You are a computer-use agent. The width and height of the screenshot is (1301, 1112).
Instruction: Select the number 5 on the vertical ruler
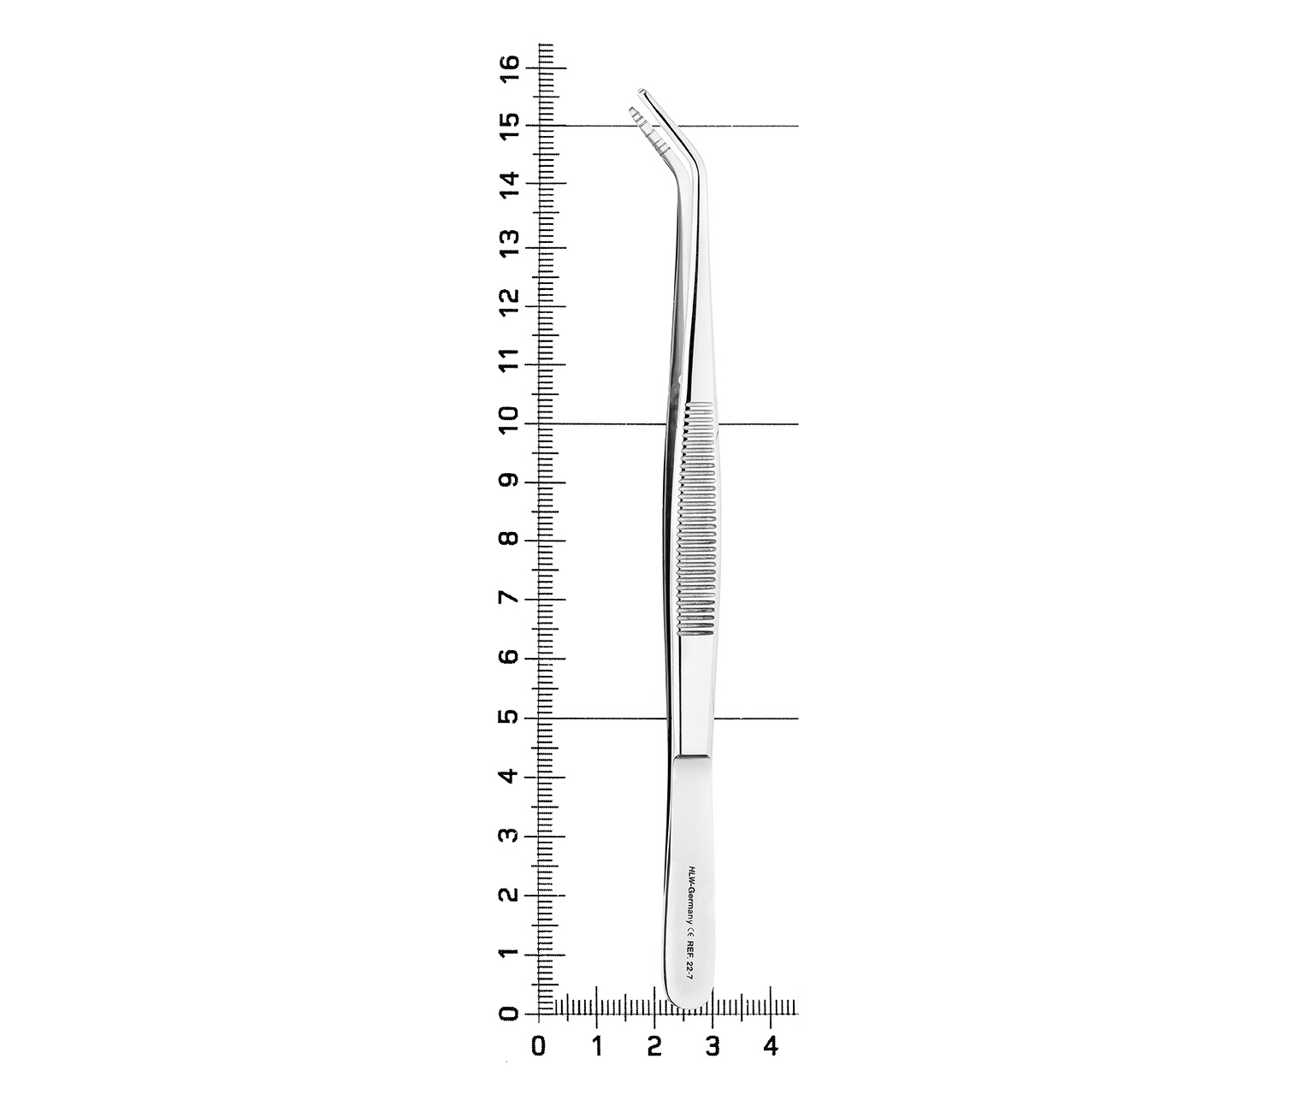click(511, 717)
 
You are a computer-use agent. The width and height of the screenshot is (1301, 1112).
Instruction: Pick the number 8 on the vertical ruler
click(511, 540)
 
